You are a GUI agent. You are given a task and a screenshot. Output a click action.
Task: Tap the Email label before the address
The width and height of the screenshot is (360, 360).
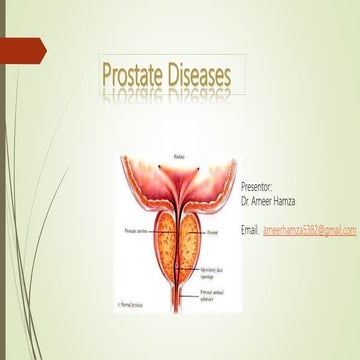251,230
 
